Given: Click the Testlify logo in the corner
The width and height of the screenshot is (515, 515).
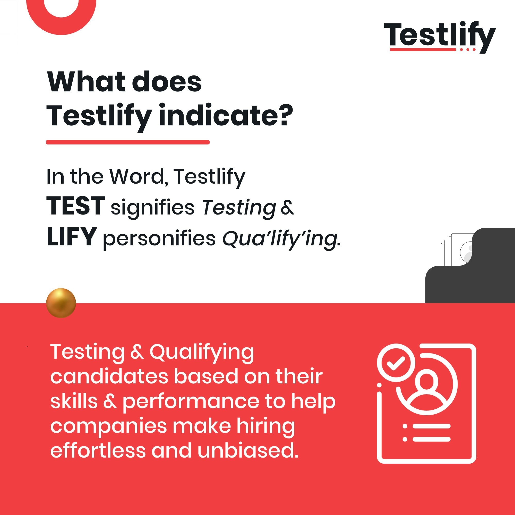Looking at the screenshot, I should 440,37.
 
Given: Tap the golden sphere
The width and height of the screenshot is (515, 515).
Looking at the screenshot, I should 61,303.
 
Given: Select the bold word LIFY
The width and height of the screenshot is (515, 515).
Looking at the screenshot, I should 71,237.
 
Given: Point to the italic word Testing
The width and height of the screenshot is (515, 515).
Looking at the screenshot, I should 239,208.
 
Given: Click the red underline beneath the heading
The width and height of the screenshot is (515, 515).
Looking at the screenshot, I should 128,142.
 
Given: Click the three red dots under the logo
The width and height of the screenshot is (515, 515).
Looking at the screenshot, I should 468,50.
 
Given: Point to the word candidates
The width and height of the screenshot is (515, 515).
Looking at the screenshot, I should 109,377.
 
